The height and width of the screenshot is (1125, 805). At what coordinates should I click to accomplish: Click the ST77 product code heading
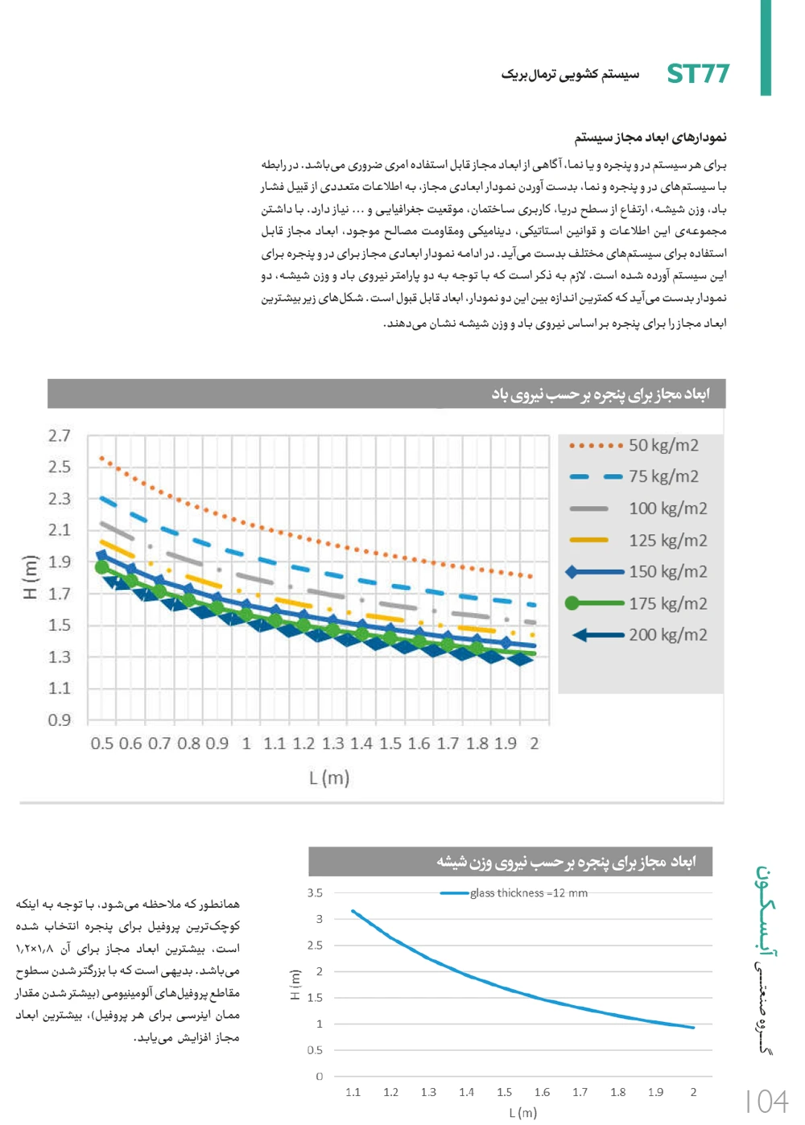(698, 74)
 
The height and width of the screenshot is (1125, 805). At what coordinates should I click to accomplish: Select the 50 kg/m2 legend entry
(663, 445)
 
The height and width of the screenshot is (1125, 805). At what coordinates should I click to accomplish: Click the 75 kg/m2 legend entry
(663, 476)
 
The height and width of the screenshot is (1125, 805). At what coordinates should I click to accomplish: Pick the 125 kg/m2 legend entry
(667, 540)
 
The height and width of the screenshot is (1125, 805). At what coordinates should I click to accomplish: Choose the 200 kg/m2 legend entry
(667, 635)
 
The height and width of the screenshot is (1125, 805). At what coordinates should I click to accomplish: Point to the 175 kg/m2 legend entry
(667, 604)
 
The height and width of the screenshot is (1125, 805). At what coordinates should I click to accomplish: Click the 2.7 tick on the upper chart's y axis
(60, 436)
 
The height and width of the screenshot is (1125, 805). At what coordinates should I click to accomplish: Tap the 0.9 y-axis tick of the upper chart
(60, 720)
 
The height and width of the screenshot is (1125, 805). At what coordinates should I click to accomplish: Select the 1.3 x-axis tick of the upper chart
(332, 744)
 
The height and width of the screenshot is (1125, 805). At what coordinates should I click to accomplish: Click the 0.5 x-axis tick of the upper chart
(102, 744)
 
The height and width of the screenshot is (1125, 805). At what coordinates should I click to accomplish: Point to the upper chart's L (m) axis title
(329, 778)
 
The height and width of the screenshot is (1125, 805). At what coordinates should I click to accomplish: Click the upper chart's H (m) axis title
(31, 578)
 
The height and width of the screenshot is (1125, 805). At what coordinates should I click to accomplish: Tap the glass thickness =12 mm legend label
(529, 893)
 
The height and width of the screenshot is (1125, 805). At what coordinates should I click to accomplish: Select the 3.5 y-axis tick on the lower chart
(315, 893)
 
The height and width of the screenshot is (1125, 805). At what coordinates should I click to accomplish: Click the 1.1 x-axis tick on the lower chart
(353, 1093)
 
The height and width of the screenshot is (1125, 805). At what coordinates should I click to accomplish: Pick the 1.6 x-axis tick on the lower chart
(542, 1093)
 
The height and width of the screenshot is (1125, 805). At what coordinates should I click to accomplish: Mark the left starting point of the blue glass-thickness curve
(353, 911)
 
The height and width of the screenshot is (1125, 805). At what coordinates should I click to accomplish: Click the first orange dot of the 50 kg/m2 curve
(101, 458)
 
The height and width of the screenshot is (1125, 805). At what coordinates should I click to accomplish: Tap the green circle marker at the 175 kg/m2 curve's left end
(102, 567)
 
